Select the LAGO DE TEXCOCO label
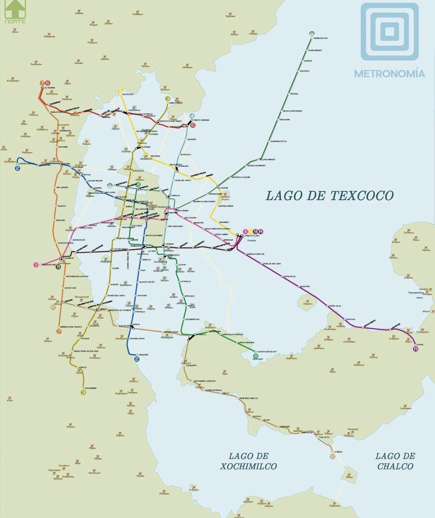click(330, 196)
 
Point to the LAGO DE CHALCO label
click(395, 461)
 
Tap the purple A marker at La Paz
click(416, 349)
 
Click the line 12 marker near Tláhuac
click(332, 456)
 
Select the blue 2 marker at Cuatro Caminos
click(18, 168)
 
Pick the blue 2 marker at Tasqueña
click(137, 359)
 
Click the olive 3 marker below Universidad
click(84, 392)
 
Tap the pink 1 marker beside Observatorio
click(36, 265)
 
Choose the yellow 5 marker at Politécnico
click(121, 90)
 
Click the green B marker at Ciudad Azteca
click(312, 33)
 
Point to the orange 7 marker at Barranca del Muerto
click(59, 331)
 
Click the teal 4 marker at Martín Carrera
click(192, 115)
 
